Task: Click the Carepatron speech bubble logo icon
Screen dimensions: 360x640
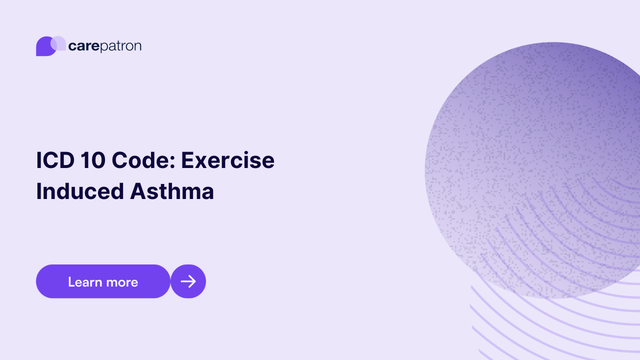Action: (47, 46)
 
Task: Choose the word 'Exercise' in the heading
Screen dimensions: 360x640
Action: (227, 160)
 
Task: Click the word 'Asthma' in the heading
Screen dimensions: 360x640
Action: (172, 191)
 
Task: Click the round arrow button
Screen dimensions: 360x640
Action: (188, 281)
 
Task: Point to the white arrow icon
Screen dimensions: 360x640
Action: (188, 281)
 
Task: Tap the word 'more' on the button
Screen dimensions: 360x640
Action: (121, 282)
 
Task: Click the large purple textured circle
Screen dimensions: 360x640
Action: (535, 150)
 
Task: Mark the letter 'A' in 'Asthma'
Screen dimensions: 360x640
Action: (139, 191)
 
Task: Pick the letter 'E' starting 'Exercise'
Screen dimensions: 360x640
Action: (187, 160)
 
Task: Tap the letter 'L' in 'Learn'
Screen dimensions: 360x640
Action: (71, 282)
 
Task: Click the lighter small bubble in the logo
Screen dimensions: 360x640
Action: (58, 43)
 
